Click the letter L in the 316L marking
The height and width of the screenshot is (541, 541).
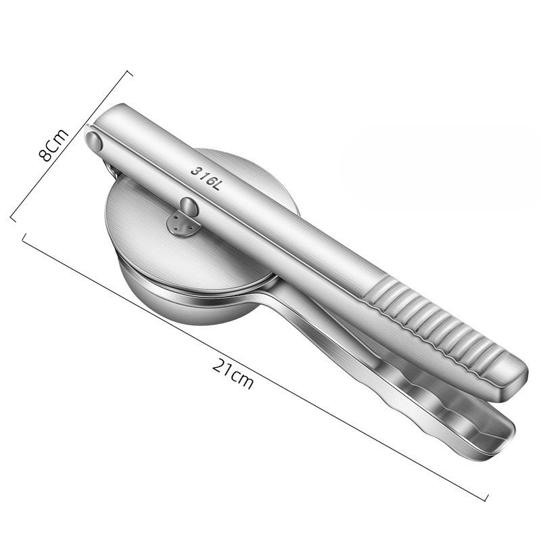click(216, 185)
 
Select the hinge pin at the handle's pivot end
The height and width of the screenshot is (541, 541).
click(93, 141)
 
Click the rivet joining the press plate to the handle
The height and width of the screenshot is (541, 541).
click(191, 207)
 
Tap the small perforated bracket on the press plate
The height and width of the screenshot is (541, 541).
click(181, 225)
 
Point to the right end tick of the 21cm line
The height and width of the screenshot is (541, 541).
click(486, 500)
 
